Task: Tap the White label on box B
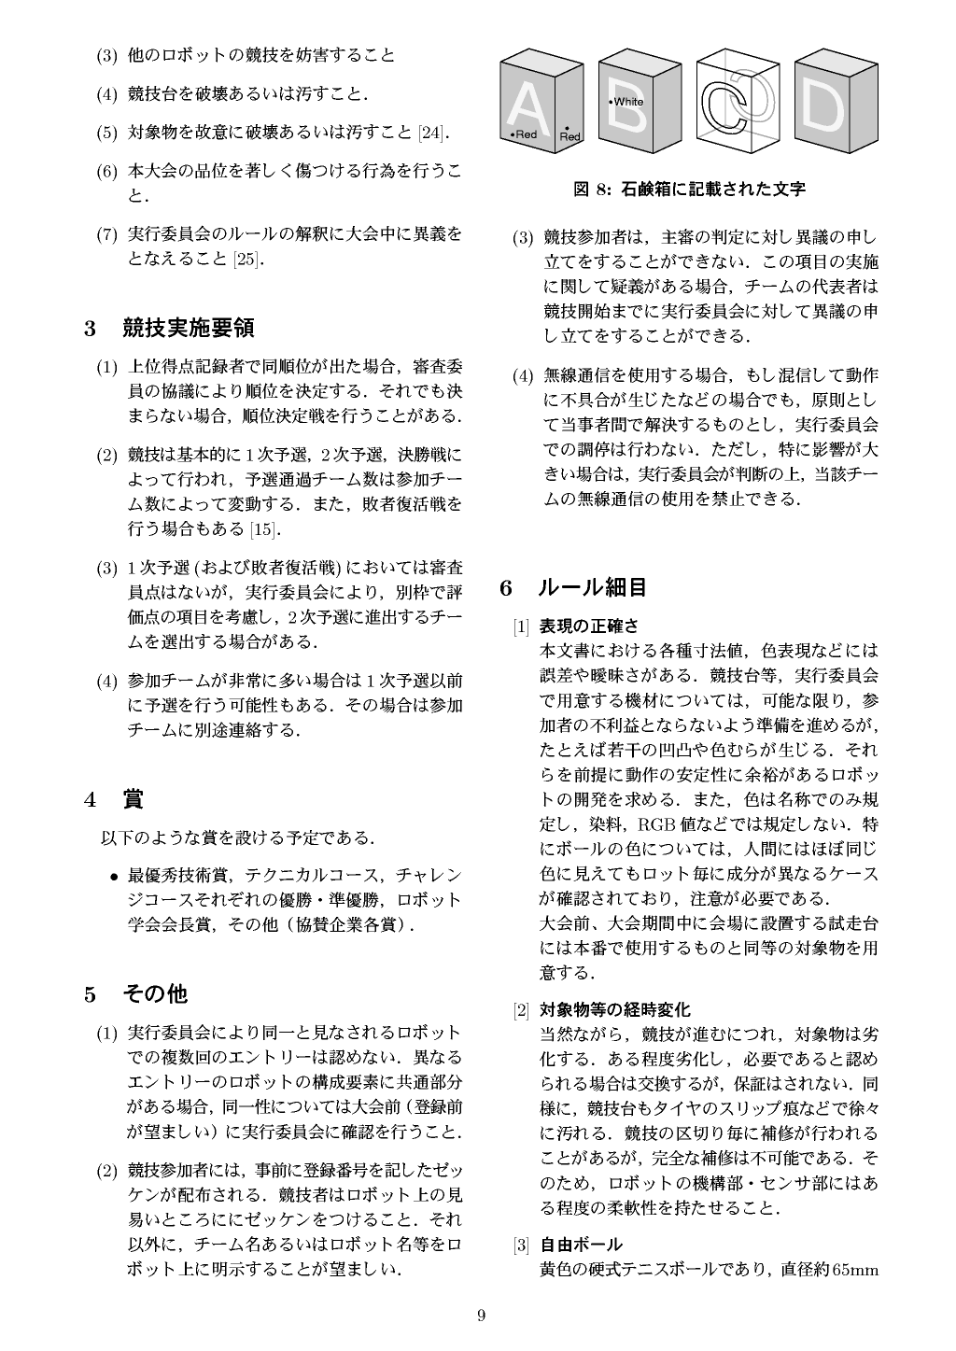tap(626, 101)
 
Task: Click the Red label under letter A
tap(525, 134)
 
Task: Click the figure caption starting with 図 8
tap(689, 189)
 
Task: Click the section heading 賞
tap(134, 799)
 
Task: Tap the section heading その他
tap(155, 994)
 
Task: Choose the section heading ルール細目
tap(592, 587)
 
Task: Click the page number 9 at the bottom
tap(481, 1316)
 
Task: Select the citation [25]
tap(247, 259)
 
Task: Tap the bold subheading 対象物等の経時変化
tap(615, 1009)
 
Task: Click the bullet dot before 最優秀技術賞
tap(113, 876)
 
